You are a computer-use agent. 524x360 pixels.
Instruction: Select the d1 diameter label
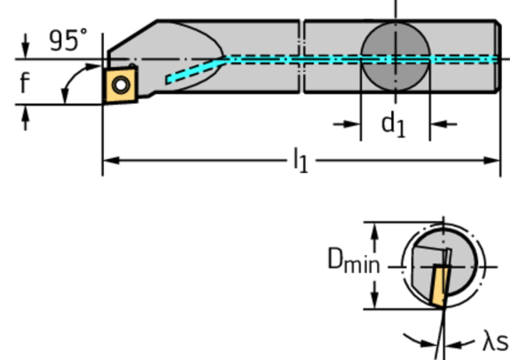[x=393, y=124]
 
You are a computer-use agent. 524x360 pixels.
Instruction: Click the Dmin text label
[x=353, y=263]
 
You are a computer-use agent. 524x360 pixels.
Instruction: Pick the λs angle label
[x=494, y=342]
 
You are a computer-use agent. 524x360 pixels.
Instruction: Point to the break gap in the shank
[x=301, y=55]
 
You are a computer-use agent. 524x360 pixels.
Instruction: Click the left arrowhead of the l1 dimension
[x=109, y=160]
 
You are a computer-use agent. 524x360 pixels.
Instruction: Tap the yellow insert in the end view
[x=438, y=286]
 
